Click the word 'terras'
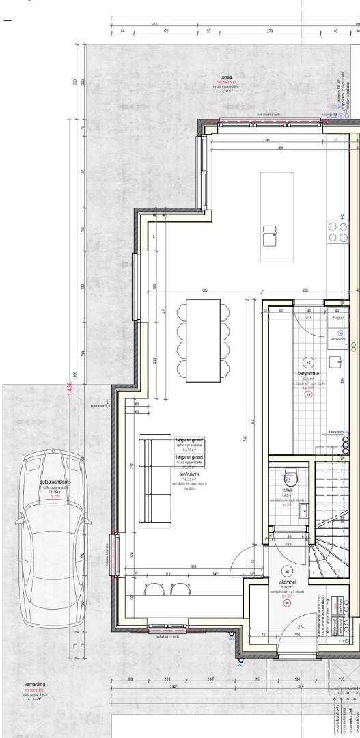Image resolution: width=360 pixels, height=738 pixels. point(225,77)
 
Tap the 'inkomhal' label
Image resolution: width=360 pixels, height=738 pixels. point(286,582)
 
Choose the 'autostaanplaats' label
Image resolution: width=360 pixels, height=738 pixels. point(51,482)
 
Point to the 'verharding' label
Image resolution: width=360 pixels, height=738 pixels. point(35,683)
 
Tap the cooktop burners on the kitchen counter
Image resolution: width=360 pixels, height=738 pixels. point(336,233)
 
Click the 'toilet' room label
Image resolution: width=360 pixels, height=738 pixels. point(287,491)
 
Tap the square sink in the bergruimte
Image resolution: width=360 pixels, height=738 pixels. point(336,361)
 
